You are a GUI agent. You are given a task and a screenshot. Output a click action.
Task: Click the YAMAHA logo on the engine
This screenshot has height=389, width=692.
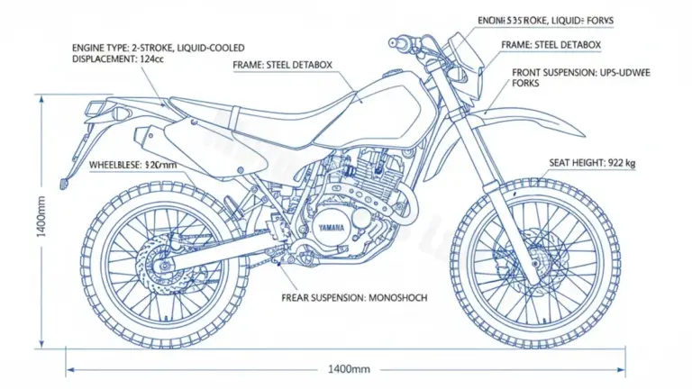[330, 226]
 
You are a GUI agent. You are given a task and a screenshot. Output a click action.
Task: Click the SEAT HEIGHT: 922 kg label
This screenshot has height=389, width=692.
[591, 163]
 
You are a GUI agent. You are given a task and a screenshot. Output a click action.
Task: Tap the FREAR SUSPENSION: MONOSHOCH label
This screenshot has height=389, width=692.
[354, 296]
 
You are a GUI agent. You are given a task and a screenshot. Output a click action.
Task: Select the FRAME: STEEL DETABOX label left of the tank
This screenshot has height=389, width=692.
[283, 65]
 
